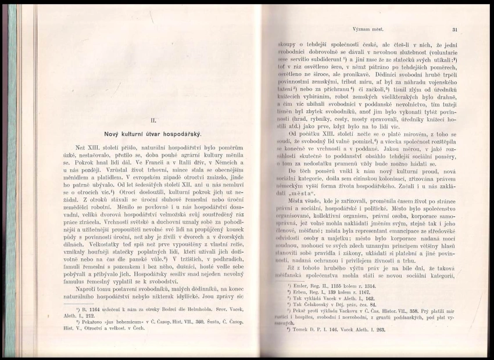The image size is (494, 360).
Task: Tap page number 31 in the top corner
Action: coord(454,28)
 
